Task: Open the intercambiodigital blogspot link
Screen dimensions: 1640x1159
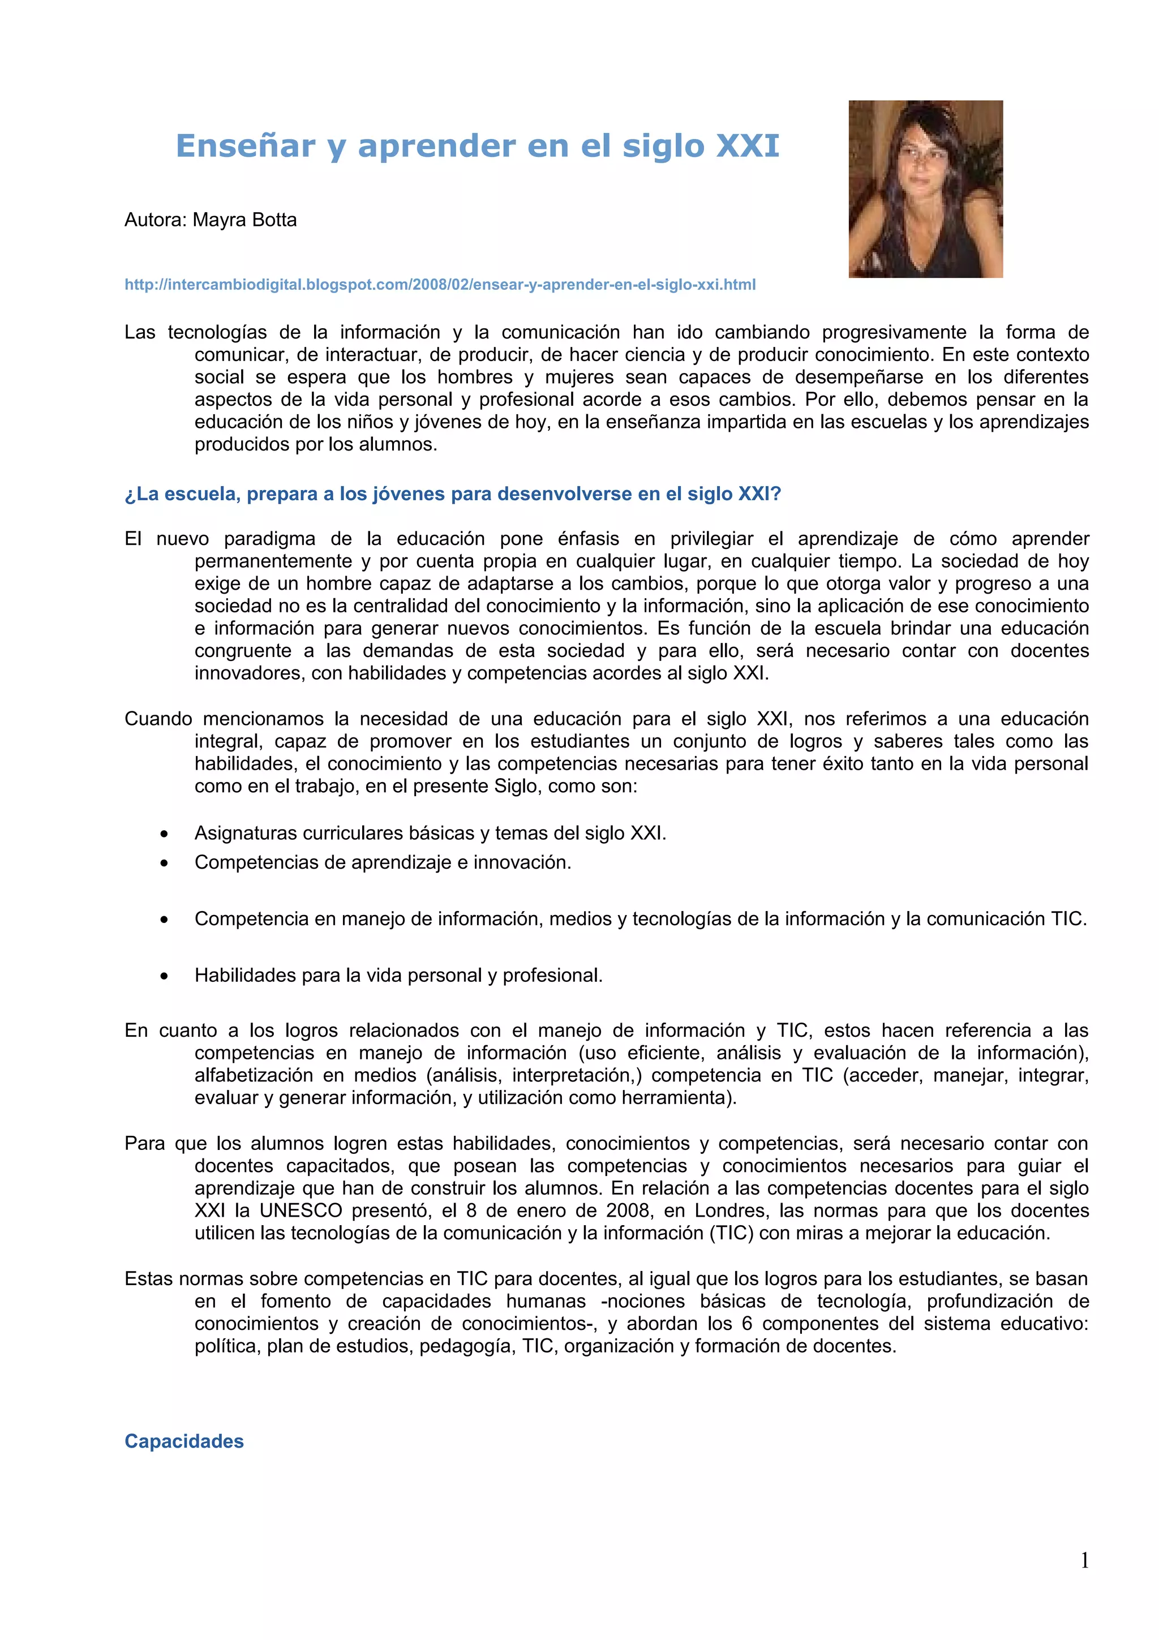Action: pos(440,285)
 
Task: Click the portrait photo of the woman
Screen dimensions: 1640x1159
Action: pos(925,188)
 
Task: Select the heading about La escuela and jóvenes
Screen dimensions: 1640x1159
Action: pos(453,494)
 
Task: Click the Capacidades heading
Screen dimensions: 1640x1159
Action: pos(184,1441)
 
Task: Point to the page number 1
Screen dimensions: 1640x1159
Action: pos(1084,1561)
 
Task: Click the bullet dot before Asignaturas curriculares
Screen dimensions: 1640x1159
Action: pos(164,834)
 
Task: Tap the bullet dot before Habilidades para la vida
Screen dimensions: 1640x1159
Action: pos(164,976)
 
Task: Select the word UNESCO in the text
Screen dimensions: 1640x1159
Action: pos(301,1210)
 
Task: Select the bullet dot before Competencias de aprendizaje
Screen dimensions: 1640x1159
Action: pos(164,864)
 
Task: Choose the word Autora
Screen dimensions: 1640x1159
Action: pos(155,220)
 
